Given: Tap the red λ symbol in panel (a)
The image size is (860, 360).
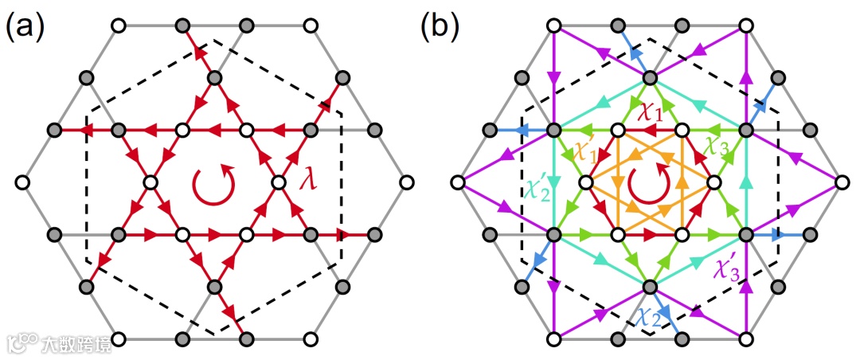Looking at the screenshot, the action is click(308, 182).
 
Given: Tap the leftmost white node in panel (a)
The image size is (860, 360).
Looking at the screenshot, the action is click(22, 183).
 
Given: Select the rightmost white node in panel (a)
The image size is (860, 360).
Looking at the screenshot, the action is click(406, 183).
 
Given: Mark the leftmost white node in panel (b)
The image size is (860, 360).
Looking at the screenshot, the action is click(457, 183).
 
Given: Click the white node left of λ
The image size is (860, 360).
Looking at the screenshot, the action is click(279, 183).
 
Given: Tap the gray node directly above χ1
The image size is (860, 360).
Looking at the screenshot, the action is click(650, 78).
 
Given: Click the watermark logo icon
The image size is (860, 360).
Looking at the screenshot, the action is click(21, 344).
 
